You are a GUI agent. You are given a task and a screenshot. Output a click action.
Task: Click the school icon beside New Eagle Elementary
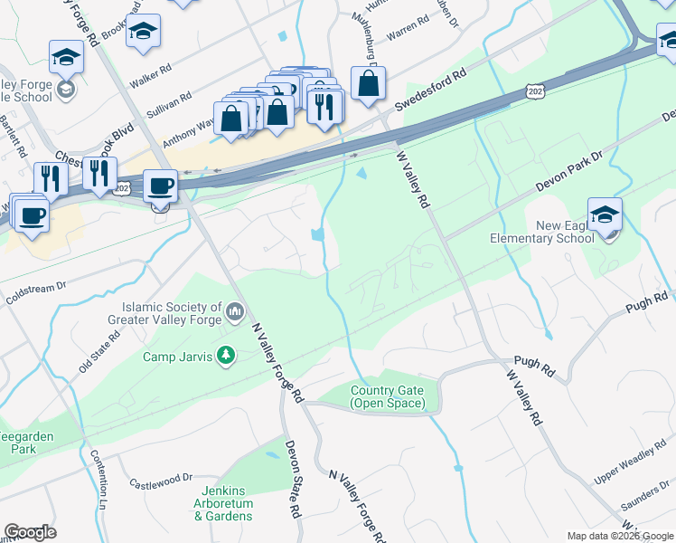[x=605, y=215]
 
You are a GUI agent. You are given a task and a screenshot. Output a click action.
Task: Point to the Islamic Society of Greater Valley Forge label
[x=169, y=314]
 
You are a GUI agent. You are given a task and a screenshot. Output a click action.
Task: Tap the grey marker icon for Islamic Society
[x=235, y=313]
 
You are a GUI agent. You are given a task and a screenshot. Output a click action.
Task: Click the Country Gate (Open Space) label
[x=386, y=396]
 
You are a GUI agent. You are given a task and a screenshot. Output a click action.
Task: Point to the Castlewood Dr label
[x=162, y=478]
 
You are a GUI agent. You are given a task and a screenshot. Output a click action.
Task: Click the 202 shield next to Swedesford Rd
[x=534, y=91]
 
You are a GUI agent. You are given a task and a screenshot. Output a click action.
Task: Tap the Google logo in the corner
[x=30, y=532]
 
